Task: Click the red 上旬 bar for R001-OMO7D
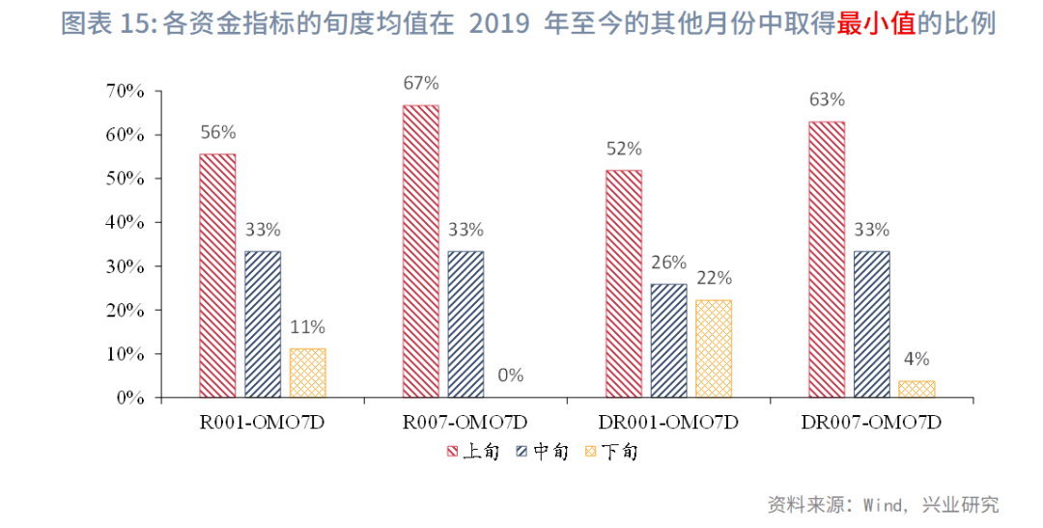coord(217,275)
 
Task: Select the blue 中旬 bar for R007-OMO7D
coord(465,324)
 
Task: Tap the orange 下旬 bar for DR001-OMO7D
coord(714,348)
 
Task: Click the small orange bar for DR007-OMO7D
coord(916,389)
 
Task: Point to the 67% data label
coord(421,83)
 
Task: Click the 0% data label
coord(511,374)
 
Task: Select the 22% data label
coord(714,278)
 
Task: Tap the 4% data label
coord(916,359)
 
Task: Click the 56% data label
coord(217,132)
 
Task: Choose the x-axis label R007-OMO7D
coord(465,423)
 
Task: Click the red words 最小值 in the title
coord(876,24)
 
